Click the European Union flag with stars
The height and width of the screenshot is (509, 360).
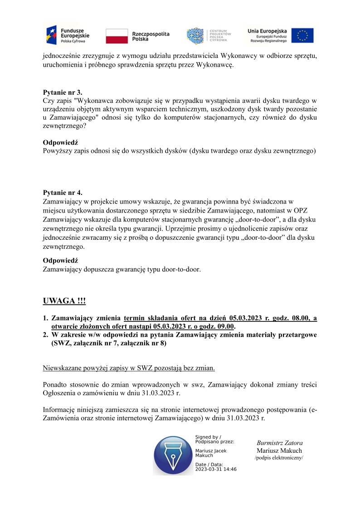tap(302, 35)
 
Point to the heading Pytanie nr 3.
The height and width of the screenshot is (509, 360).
tap(63, 92)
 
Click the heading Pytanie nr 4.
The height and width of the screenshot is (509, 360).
tap(63, 192)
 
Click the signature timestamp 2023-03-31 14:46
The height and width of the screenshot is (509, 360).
tap(216, 469)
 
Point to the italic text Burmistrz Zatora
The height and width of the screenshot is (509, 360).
tap(279, 443)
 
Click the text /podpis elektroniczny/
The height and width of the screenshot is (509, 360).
tap(279, 458)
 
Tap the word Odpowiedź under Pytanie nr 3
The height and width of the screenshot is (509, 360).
tap(60, 142)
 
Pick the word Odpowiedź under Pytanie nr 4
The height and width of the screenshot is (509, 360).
tap(60, 261)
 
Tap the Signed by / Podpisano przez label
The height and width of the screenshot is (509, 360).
tap(214, 439)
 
